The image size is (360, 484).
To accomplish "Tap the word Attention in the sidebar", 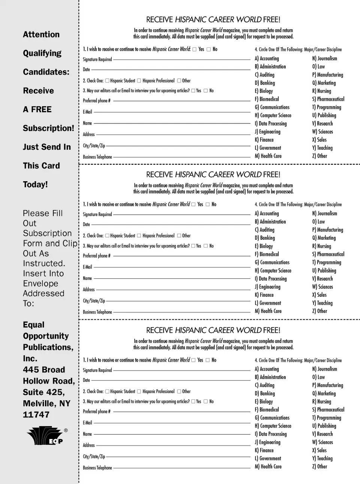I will coord(41,35).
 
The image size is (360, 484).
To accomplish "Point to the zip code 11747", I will coord(36,415).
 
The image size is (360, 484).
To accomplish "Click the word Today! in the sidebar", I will coord(35,185).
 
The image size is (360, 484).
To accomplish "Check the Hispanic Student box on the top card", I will coord(107,81).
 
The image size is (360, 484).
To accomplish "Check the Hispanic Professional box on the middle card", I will coord(139,236).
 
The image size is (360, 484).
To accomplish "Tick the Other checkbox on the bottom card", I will coord(179,391).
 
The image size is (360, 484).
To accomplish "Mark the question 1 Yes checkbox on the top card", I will coord(194,49).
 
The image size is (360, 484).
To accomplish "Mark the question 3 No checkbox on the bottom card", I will coord(205,401).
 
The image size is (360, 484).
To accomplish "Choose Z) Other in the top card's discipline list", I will coord(319,156).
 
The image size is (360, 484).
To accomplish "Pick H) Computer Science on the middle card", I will coord(273,271).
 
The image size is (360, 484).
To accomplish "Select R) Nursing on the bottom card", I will coord(321,401).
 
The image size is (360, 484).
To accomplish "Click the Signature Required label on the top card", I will coord(97,59).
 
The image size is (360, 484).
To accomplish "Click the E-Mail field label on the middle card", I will coord(87,267).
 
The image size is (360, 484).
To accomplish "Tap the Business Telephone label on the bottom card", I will coord(97,468).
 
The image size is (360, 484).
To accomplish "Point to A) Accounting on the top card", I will coord(267,59).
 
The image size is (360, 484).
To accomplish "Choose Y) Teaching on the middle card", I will coord(322,303).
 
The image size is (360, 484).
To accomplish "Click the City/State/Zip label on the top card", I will coord(94,146).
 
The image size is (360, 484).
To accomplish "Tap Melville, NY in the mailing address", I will coord(46,403).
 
